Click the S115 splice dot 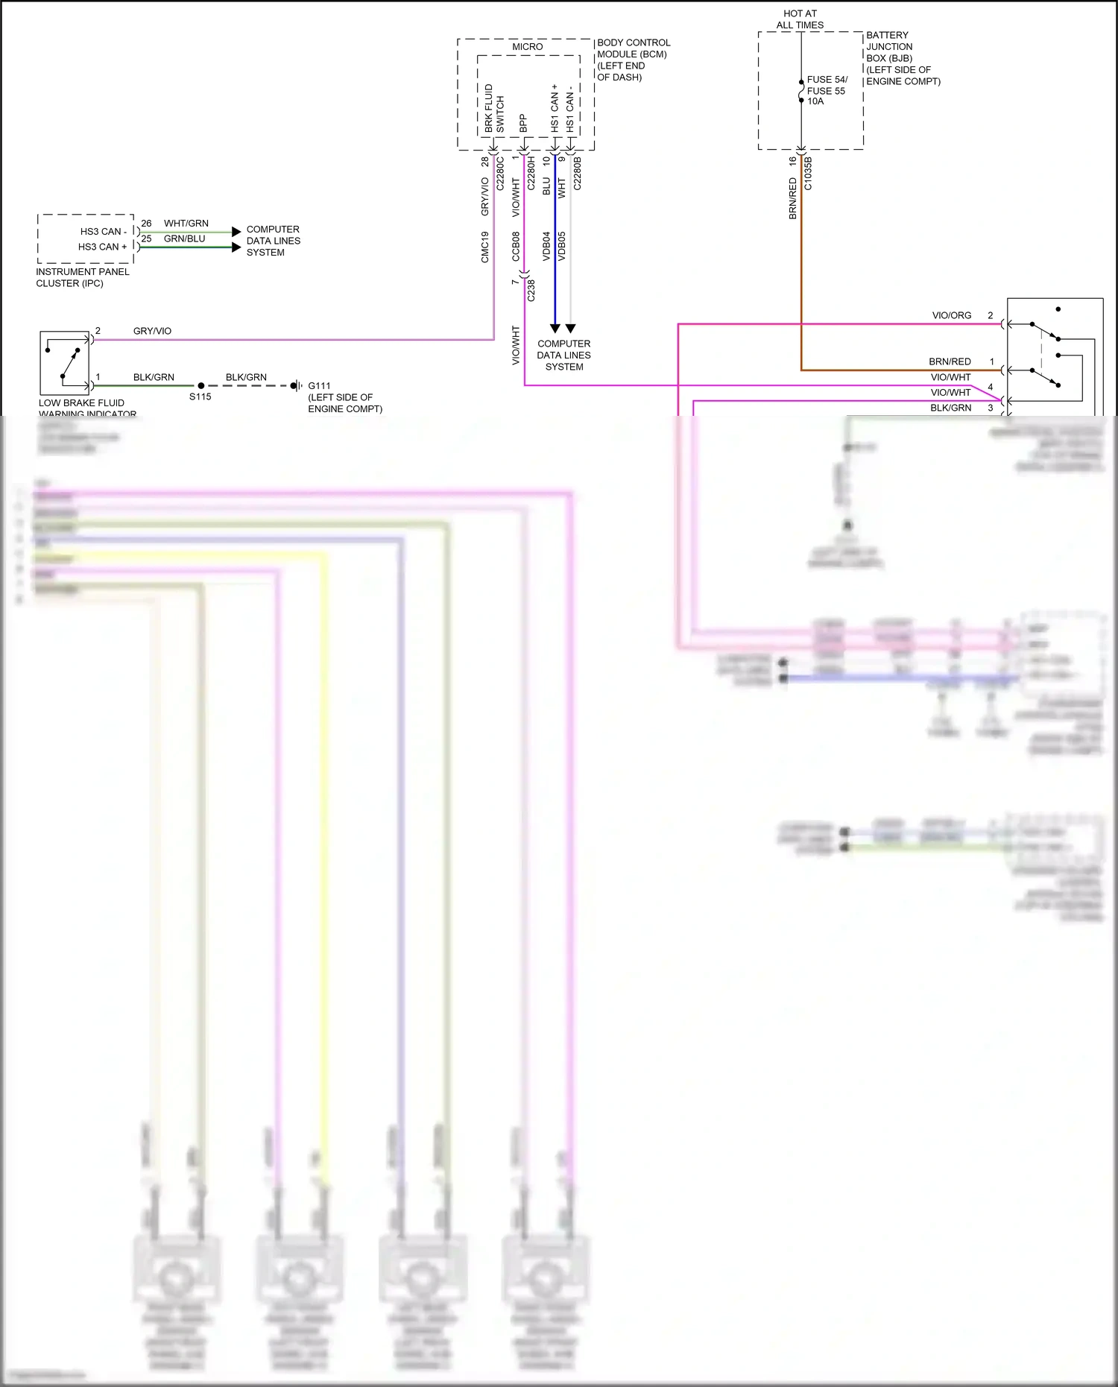(200, 386)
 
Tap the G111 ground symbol (297, 386)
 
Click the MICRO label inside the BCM (527, 47)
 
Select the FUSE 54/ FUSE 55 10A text (827, 90)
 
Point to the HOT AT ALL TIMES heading (800, 19)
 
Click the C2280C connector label (500, 174)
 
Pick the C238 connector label (531, 290)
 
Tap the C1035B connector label (808, 174)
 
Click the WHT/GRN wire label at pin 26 (186, 224)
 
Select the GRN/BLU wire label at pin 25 (184, 239)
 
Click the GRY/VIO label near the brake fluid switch (152, 331)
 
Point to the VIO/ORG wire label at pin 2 (952, 316)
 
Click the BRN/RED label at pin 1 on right (950, 362)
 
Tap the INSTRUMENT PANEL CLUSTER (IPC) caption (82, 277)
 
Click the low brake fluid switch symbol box (65, 363)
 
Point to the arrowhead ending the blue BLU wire (555, 328)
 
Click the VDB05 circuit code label (562, 246)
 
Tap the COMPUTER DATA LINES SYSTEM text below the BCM (563, 356)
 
